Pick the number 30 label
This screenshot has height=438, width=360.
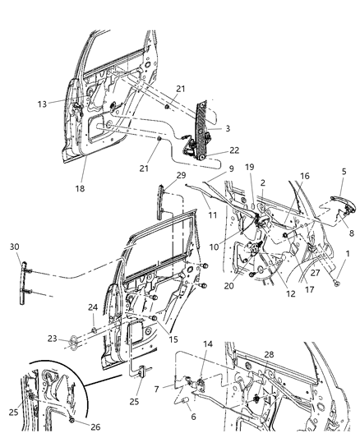tap(15, 247)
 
